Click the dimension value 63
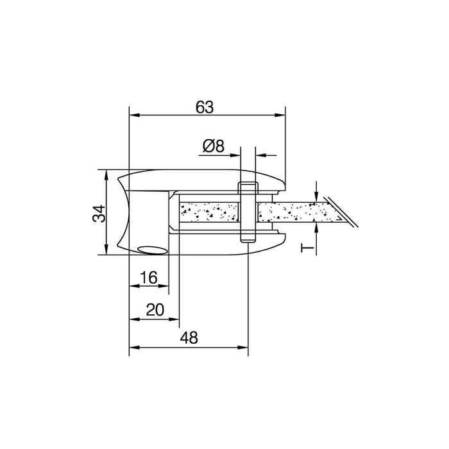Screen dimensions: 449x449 tap(204, 107)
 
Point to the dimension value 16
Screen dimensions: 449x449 tap(148, 278)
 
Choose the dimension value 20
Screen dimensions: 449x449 tap(155, 310)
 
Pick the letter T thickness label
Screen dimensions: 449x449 tap(307, 246)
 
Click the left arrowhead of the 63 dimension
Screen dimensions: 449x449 tap(134, 116)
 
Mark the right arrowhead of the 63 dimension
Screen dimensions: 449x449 tap(281, 116)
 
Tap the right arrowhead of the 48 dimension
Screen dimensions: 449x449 tap(243, 348)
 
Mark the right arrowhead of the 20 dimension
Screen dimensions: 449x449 tap(175, 319)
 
